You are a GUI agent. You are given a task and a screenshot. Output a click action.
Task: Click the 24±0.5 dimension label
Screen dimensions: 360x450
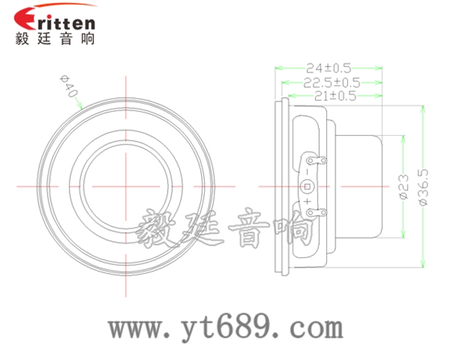329,68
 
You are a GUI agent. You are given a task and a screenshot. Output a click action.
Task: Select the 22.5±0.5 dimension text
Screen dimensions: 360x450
331,82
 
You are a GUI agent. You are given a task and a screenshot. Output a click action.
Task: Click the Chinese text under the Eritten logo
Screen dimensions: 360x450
55,39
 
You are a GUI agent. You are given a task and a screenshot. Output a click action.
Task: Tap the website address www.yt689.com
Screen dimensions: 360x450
226,329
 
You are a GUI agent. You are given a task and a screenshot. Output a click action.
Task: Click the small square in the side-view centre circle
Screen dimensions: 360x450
305,186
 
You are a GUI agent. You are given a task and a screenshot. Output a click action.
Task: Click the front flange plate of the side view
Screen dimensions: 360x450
280,186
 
